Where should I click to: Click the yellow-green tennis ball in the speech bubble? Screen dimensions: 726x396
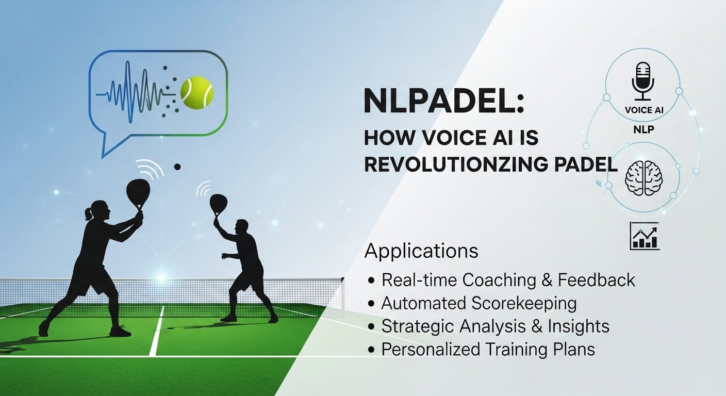point(197,92)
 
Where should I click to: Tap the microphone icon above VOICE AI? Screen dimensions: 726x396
point(643,81)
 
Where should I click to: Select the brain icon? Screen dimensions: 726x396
point(643,178)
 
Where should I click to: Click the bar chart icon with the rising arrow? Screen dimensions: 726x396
point(645,236)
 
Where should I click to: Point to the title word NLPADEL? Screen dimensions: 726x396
point(444,102)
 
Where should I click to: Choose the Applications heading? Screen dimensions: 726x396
point(421,251)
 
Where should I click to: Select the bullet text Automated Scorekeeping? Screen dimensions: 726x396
point(478,304)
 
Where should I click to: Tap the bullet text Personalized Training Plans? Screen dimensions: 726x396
point(488,349)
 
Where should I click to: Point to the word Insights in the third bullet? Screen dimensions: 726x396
point(579,326)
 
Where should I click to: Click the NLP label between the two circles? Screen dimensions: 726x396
point(643,129)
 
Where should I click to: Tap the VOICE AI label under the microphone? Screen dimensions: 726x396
point(644,110)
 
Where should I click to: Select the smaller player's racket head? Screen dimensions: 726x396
point(218,203)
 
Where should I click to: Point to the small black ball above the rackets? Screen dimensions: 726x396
point(177,167)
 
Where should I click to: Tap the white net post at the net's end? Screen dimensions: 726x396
point(342,298)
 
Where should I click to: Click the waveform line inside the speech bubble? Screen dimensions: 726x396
point(136,92)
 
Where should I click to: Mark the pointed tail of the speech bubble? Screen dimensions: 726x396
point(103,157)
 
